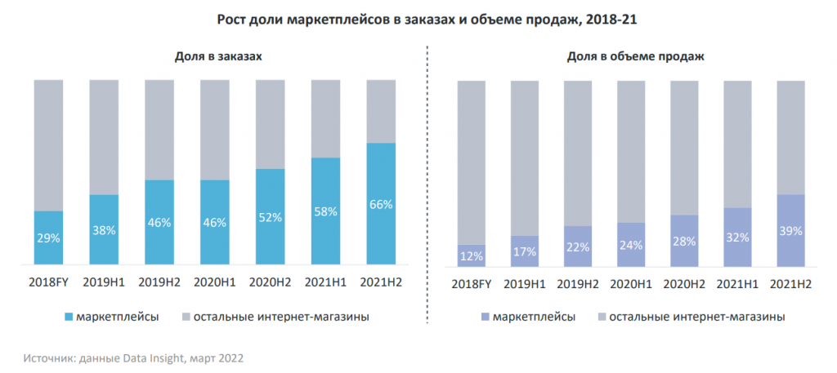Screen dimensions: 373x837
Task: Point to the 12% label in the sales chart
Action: pyautogui.click(x=472, y=256)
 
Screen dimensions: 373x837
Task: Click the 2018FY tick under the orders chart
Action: pyautogui.click(x=48, y=282)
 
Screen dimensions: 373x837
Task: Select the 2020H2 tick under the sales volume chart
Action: pyautogui.click(x=684, y=283)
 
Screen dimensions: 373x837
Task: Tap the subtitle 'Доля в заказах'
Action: pyautogui.click(x=217, y=56)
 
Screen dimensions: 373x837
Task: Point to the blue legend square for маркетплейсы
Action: pyautogui.click(x=68, y=316)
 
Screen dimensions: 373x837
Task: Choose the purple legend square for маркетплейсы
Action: pyautogui.click(x=486, y=316)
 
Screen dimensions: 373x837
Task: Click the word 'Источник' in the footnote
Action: pyautogui.click(x=47, y=357)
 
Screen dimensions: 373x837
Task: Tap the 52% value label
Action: pyautogui.click(x=271, y=217)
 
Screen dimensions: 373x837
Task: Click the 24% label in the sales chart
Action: pyautogui.click(x=631, y=245)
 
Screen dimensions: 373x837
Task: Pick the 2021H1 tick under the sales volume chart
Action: pyautogui.click(x=737, y=283)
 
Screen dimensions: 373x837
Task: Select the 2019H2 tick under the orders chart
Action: pyautogui.click(x=159, y=282)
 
